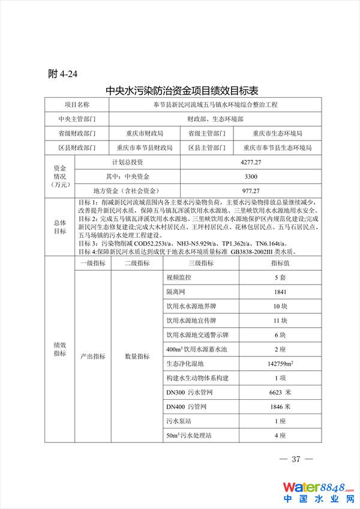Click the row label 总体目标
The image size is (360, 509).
pos(60,227)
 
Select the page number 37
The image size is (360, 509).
pos(295,460)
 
